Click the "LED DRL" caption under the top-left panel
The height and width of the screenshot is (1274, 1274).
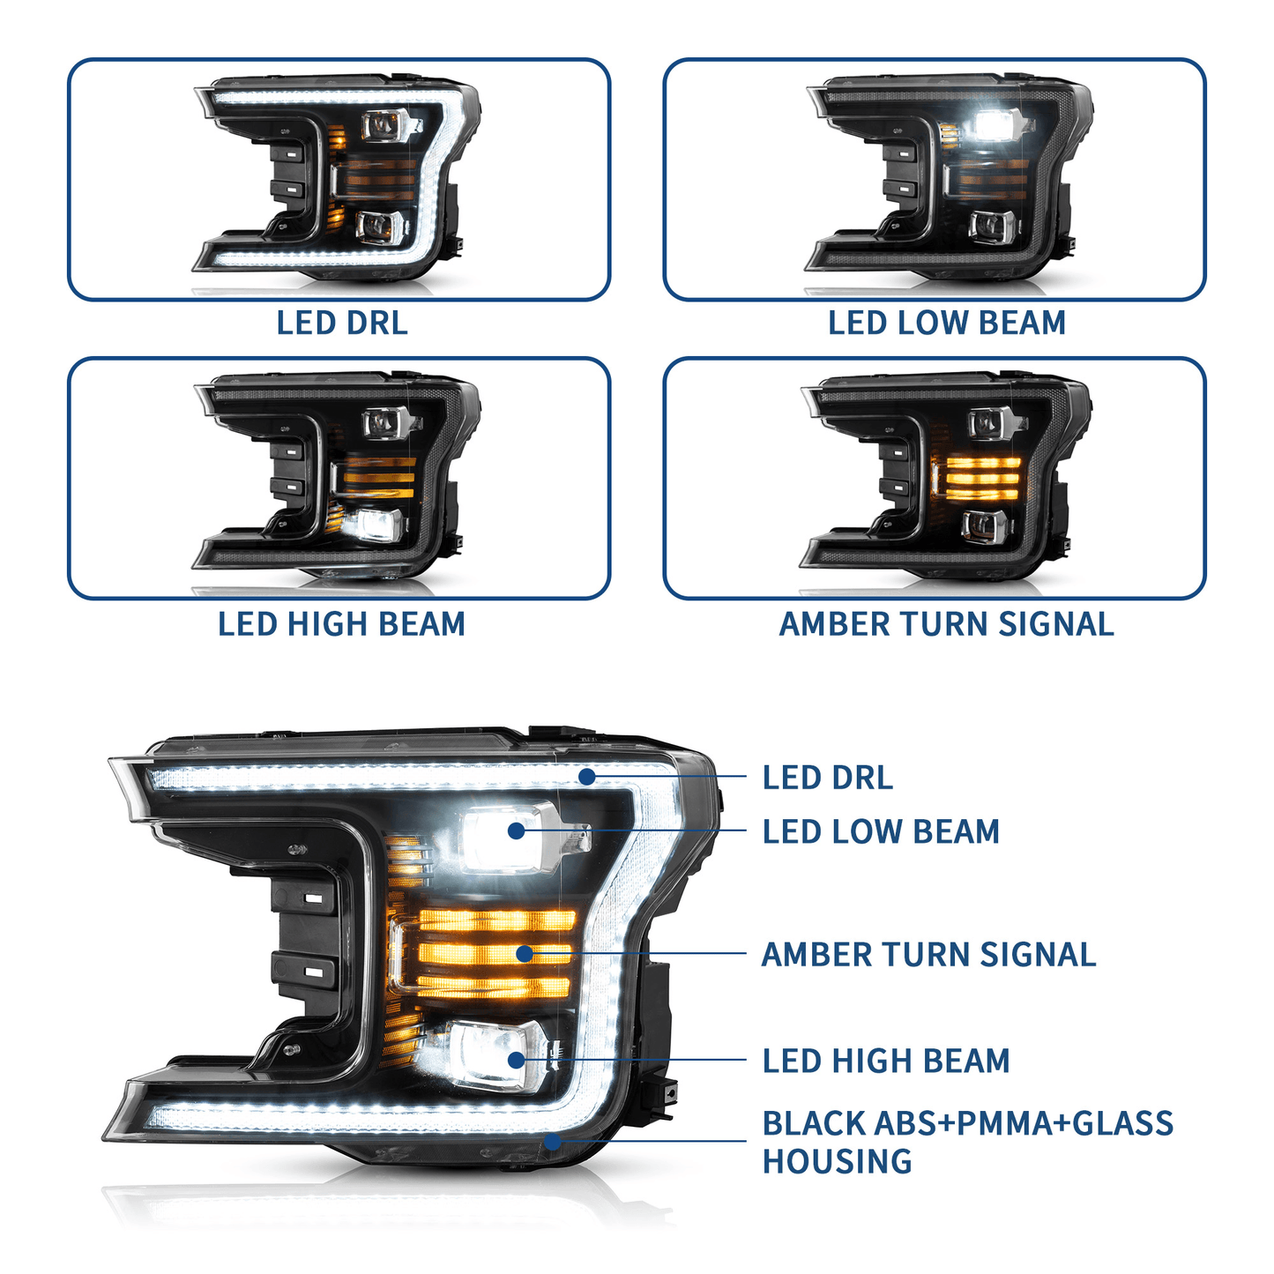point(342,323)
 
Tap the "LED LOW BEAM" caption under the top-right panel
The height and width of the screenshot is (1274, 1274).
point(946,323)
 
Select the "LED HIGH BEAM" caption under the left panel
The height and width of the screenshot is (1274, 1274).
point(341,624)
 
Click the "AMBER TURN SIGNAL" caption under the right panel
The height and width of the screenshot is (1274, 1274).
point(946,624)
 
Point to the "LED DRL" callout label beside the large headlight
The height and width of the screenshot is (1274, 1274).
point(827,778)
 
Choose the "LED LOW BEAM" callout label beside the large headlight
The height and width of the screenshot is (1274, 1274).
point(881,831)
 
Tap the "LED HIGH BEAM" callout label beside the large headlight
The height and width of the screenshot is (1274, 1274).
point(886,1061)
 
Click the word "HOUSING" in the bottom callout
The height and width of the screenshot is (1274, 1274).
point(837,1162)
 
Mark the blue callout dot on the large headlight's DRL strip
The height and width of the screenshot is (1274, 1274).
point(586,776)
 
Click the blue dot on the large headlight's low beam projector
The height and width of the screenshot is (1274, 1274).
point(516,831)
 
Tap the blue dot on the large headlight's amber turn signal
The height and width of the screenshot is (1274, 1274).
point(525,953)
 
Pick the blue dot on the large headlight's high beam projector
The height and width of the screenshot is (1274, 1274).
point(516,1060)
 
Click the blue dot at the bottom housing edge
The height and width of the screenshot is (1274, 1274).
point(553,1142)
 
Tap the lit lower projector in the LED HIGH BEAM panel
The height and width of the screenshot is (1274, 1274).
point(374,525)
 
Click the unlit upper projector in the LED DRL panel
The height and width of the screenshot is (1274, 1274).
point(384,126)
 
